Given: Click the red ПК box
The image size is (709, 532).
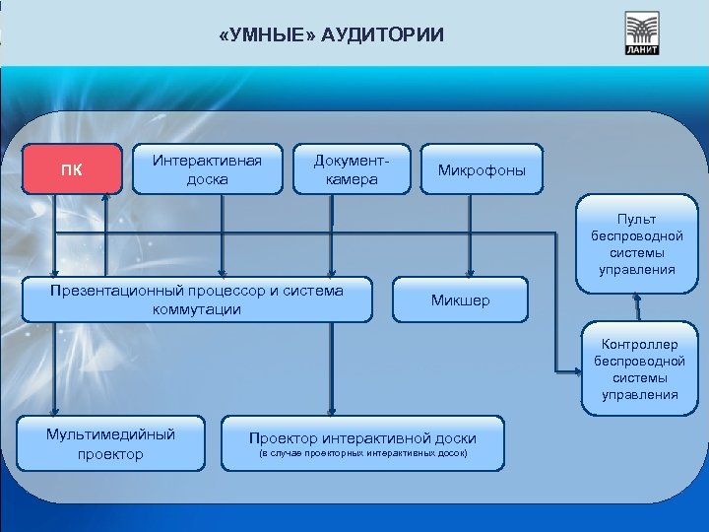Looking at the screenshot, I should (x=71, y=168).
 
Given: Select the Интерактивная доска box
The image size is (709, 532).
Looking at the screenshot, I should (x=206, y=169).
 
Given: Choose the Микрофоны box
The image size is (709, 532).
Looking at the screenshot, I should (x=482, y=171).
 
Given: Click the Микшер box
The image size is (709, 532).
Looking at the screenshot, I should (x=460, y=299).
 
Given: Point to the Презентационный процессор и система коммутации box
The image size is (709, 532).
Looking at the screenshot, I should (x=197, y=299).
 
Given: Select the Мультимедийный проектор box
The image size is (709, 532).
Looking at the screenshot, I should (x=110, y=443).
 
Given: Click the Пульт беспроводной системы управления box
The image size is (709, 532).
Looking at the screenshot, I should (x=637, y=243).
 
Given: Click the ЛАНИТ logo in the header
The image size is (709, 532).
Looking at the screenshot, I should (x=642, y=33).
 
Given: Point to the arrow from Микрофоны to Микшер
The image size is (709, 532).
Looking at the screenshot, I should (x=471, y=236).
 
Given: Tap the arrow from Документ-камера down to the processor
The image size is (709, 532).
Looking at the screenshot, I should (x=333, y=236).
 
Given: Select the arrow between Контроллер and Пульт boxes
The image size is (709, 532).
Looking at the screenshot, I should (x=640, y=307).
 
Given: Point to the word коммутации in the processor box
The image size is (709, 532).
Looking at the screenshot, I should (x=197, y=309).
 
